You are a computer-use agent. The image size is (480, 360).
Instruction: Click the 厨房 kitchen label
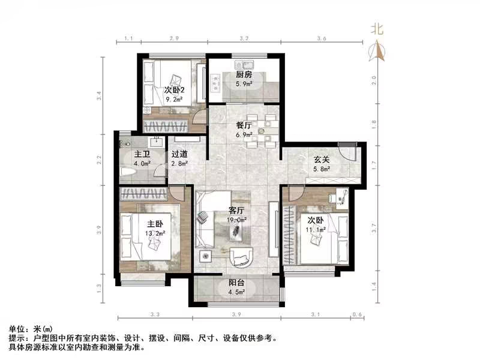[x=242, y=75]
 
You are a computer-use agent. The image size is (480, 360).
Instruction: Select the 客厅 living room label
[x=236, y=211]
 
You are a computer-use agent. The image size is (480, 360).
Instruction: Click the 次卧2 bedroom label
[x=174, y=91]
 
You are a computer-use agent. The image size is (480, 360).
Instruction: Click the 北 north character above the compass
[x=377, y=28]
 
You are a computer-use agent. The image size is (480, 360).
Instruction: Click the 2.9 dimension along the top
[x=174, y=38]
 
